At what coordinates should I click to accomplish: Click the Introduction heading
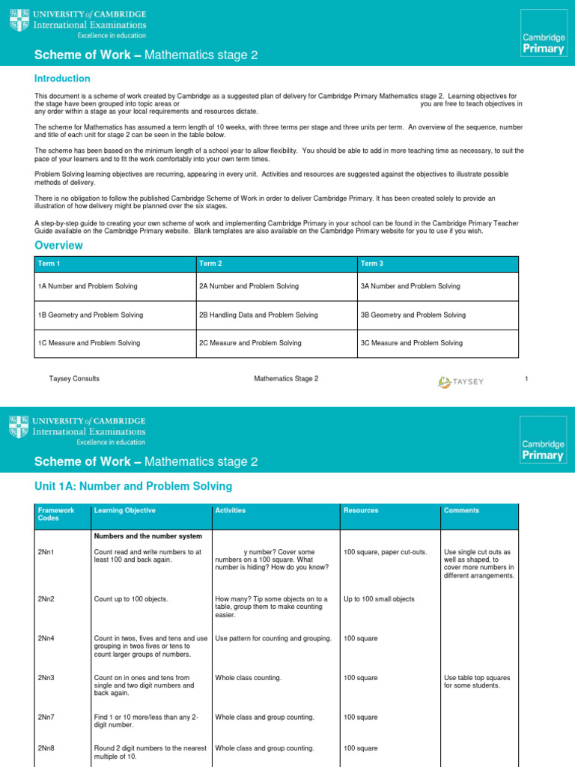click(x=62, y=79)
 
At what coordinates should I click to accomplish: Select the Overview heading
click(x=58, y=246)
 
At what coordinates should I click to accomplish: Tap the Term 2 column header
click(x=210, y=264)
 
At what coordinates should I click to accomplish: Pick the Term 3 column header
click(x=371, y=264)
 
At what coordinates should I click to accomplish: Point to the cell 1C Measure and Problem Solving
click(x=88, y=343)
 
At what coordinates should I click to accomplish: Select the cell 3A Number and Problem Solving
click(x=410, y=286)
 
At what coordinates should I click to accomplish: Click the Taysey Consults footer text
click(x=74, y=378)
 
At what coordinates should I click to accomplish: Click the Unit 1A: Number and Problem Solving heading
click(x=133, y=487)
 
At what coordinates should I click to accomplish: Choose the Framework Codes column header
click(x=56, y=514)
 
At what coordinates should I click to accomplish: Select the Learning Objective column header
click(x=124, y=511)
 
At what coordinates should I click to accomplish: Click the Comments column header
click(x=461, y=511)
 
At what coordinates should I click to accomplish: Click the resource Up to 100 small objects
click(x=379, y=599)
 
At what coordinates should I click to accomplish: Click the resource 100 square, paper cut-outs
click(x=385, y=552)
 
